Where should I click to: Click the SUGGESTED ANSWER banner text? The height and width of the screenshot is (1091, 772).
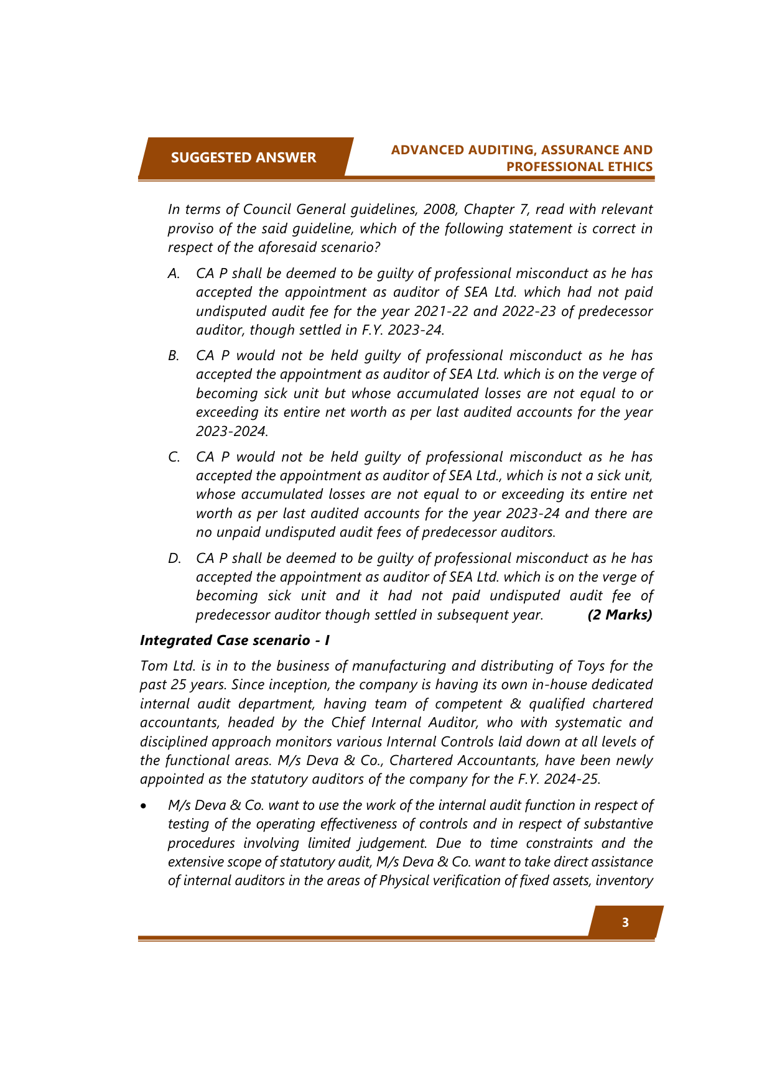243,157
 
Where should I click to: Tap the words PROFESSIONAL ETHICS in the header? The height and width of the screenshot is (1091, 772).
579,167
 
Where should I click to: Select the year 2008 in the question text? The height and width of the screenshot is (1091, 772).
439,209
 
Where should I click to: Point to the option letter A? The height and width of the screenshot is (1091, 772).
174,274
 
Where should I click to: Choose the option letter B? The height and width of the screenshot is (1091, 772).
174,356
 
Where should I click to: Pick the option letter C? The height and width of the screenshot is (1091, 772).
174,457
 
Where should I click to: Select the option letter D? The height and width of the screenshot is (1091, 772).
174,559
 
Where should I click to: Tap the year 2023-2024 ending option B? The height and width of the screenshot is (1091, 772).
231,430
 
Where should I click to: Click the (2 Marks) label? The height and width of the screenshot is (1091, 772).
620,615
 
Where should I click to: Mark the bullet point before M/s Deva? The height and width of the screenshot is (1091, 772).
144,806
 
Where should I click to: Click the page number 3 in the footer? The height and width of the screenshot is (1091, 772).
625,922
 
